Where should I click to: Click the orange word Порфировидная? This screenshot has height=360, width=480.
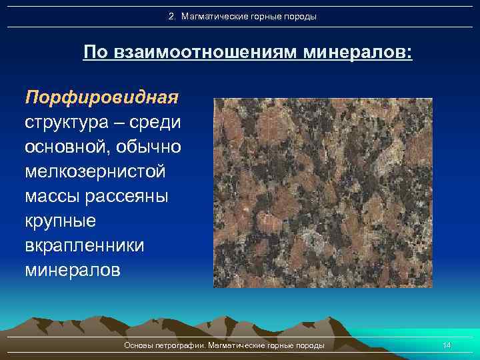[102, 98]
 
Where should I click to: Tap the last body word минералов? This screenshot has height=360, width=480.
[73, 271]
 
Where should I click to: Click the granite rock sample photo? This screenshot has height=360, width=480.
[323, 193]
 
